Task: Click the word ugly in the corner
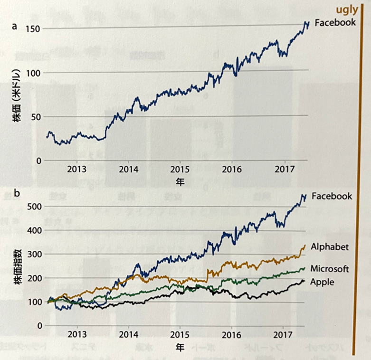(347, 9)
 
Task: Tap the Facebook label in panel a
(335, 22)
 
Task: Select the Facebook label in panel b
(331, 196)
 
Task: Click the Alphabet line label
(330, 246)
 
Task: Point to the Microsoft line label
(330, 269)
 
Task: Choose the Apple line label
(322, 282)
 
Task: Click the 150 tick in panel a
(34, 28)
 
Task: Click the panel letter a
(15, 27)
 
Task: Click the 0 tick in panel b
(38, 325)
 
